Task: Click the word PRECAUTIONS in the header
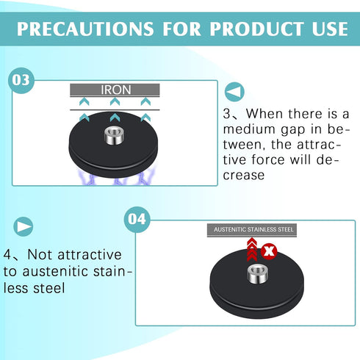pos(85,29)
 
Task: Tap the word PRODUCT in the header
pos(256,29)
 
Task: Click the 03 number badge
pos(21,80)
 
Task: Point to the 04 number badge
pos(137,219)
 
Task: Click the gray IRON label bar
pos(115,90)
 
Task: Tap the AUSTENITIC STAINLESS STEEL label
pos(252,230)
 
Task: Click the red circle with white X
pos(269,251)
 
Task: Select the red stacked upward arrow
pos(252,249)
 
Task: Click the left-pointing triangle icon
pos(234,92)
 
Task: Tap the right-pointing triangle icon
pos(24,226)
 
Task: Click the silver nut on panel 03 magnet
pos(113,135)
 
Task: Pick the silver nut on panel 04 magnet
pos(257,275)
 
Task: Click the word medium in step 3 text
pos(249,129)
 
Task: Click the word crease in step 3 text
pos(244,176)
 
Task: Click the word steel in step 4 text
pos(49,288)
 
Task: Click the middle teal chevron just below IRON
pos(115,101)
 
